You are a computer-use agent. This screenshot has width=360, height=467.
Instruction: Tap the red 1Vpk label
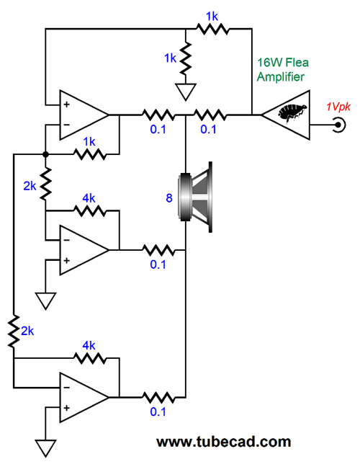click(338, 107)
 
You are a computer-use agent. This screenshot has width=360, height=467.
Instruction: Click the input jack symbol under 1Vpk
click(339, 125)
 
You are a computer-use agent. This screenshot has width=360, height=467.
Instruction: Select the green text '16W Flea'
click(283, 63)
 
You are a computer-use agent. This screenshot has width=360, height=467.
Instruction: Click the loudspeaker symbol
click(195, 197)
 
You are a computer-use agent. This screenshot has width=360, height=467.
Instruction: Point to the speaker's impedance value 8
click(169, 197)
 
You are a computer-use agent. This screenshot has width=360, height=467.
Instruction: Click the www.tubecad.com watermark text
click(223, 442)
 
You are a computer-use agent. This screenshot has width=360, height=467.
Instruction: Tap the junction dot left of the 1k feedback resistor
click(45, 154)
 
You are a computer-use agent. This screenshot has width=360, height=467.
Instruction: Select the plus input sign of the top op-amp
click(67, 104)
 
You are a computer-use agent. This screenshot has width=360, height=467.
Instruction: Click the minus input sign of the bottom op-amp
click(67, 388)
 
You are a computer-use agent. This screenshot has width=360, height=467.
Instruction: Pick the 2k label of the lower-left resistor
click(27, 331)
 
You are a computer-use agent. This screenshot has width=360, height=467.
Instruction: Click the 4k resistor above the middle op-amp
click(89, 211)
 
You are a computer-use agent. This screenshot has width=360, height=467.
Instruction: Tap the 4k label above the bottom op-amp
click(89, 345)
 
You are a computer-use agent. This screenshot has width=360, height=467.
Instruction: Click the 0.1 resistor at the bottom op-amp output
click(158, 397)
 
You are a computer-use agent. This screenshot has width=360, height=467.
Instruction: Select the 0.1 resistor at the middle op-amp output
click(158, 250)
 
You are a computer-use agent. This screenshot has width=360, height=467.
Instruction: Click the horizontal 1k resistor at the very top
click(212, 29)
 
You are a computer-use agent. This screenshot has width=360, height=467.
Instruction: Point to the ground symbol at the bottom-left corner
click(45, 448)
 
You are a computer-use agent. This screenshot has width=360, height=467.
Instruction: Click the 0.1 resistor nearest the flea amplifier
click(210, 115)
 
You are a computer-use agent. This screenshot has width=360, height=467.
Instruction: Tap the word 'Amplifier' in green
click(281, 77)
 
